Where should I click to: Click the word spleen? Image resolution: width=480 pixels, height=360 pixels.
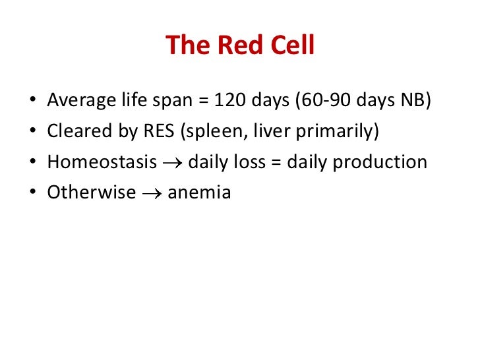point(216,131)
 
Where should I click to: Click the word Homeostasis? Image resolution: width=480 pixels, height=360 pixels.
point(102,162)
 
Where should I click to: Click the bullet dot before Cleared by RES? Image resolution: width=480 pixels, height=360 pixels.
point(32,132)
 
